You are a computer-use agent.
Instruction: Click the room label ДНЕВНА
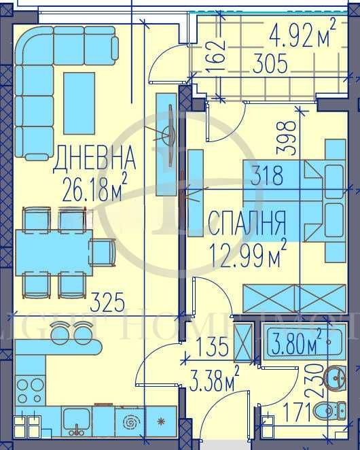(x=94, y=160)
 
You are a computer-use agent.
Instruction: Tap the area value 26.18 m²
(x=95, y=186)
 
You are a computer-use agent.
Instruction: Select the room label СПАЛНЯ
(x=245, y=222)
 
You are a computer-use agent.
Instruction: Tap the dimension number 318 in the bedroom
(x=266, y=176)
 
